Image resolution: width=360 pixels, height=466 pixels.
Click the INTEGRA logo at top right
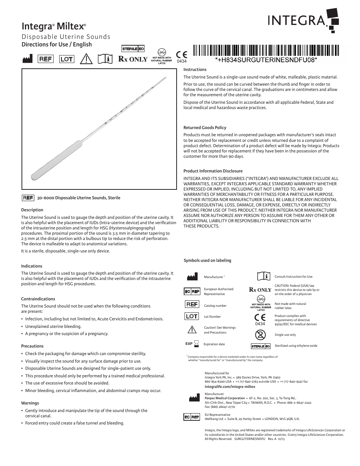[x=302, y=19]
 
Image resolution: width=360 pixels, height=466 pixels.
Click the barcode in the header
[x=266, y=50]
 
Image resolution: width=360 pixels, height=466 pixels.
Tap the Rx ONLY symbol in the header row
[x=133, y=59]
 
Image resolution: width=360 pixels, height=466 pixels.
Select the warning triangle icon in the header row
[x=87, y=59]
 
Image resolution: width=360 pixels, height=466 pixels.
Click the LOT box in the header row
[x=67, y=59]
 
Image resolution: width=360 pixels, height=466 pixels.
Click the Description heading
[x=32, y=210]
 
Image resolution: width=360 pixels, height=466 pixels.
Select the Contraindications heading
[x=38, y=299]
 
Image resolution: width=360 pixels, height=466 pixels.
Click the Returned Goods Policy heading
[x=205, y=128]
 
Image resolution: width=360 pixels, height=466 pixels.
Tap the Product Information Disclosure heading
[x=213, y=171]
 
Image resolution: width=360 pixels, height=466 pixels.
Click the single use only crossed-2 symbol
[x=260, y=335]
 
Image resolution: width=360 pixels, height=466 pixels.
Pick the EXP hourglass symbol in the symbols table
[x=192, y=344]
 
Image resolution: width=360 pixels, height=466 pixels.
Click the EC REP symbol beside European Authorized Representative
[x=192, y=291]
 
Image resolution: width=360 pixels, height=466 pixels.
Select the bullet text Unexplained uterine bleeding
[x=53, y=326]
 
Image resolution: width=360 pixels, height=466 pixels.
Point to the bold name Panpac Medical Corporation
[x=225, y=398]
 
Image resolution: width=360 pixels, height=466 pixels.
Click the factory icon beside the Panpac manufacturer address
[x=192, y=398]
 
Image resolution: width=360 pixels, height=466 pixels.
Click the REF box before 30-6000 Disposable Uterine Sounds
[x=28, y=198]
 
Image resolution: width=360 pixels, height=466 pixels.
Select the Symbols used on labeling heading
[x=207, y=260]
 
